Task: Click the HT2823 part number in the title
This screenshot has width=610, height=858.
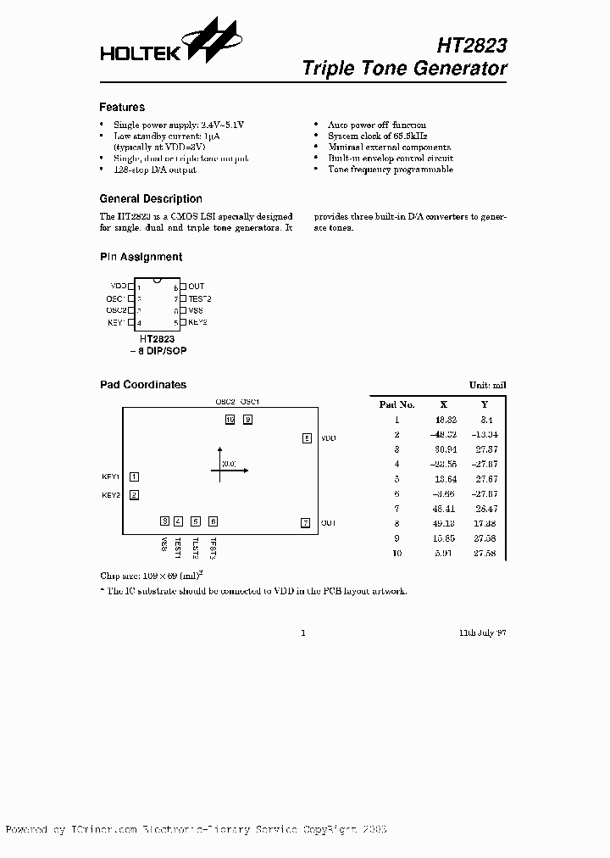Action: (474, 44)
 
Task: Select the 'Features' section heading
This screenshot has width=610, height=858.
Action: (122, 108)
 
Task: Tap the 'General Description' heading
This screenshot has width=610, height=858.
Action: (151, 199)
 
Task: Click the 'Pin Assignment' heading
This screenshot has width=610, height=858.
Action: (141, 257)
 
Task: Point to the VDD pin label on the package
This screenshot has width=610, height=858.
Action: (118, 287)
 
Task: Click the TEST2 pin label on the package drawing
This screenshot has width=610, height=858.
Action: (199, 298)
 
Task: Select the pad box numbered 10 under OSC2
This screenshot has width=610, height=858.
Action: (230, 419)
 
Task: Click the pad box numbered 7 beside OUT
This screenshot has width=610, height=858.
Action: (306, 523)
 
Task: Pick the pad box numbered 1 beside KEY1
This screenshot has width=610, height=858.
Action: (134, 477)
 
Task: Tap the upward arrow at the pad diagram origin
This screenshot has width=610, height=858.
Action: (220, 449)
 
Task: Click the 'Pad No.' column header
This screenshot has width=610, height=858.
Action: (396, 404)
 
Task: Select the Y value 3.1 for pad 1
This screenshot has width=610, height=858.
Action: (485, 420)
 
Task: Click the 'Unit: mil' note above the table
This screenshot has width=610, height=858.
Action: (487, 385)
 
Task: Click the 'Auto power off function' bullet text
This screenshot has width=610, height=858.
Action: (377, 125)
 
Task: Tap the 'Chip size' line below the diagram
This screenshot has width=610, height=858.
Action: (152, 576)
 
